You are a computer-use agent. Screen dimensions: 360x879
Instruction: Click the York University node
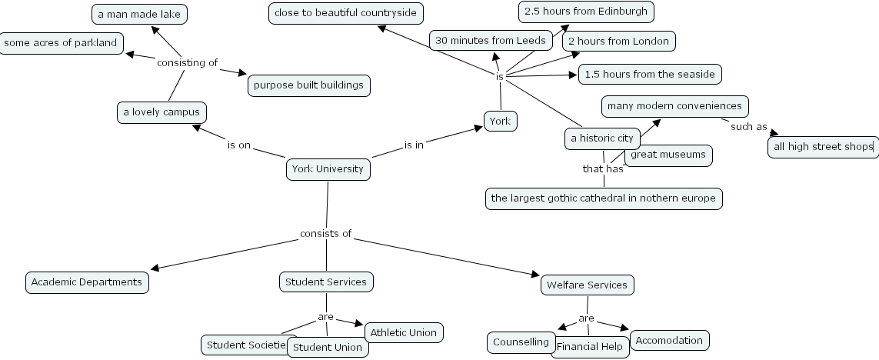(x=328, y=169)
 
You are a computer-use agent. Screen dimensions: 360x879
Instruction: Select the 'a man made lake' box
(x=139, y=14)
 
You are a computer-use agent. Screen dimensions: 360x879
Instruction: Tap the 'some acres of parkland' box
(x=61, y=43)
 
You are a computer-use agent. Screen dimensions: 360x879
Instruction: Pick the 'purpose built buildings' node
(x=308, y=85)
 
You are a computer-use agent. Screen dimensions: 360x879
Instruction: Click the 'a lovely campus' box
(x=161, y=112)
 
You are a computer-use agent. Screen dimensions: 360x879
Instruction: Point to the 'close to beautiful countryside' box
(x=345, y=13)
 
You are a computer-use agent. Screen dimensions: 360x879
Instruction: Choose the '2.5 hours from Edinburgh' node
(x=587, y=12)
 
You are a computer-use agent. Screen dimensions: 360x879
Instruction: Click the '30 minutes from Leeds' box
(x=491, y=41)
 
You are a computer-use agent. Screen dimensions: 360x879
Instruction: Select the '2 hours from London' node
(x=618, y=41)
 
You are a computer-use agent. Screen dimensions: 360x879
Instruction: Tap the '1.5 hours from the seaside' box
(x=650, y=75)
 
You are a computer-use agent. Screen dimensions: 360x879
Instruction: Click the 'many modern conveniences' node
(x=674, y=106)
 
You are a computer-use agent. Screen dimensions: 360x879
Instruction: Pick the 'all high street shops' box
(x=822, y=146)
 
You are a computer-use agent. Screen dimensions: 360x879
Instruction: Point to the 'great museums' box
(x=668, y=155)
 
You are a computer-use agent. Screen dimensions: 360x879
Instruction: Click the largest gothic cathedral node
(x=603, y=198)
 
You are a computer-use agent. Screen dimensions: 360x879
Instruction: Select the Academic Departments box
(x=87, y=282)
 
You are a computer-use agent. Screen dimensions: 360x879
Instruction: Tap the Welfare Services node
(x=587, y=285)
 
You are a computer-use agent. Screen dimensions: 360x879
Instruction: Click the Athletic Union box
(x=404, y=333)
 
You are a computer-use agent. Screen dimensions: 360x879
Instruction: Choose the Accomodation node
(x=669, y=340)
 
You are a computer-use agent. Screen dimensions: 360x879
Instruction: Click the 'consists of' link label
(x=325, y=234)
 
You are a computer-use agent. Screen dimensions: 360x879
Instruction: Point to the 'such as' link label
(x=748, y=127)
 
